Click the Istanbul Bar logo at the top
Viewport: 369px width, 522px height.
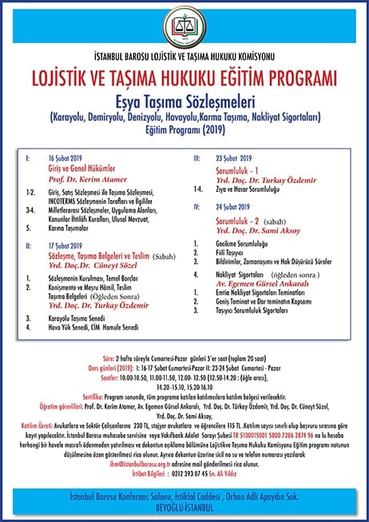pos(184,29)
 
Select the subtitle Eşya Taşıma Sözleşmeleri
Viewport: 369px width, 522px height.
pos(184,104)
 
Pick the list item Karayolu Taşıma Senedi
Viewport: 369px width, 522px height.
pos(80,317)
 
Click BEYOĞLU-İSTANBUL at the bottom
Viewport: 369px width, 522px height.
pos(184,505)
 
